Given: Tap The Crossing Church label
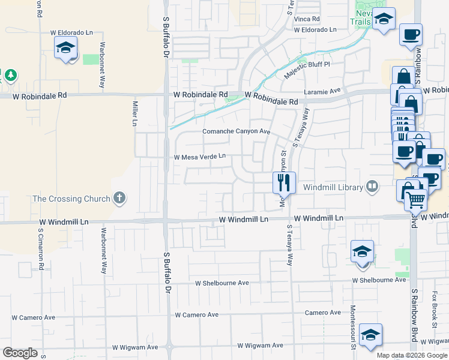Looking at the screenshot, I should [x=71, y=199].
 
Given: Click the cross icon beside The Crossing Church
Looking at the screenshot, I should [x=119, y=198].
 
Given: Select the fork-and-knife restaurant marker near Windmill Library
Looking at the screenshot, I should [x=284, y=182].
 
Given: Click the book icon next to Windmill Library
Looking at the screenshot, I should [x=373, y=187].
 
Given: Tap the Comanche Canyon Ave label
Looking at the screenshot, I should [x=237, y=131].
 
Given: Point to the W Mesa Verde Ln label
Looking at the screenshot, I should [x=199, y=157].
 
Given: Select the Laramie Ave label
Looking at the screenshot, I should [x=322, y=91].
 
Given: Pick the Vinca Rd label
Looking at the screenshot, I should [x=305, y=19].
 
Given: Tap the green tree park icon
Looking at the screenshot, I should [x=10, y=75].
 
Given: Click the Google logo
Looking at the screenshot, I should [x=20, y=353].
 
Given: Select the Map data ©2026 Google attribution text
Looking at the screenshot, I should [x=411, y=355].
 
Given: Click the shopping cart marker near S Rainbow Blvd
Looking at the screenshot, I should [x=415, y=200].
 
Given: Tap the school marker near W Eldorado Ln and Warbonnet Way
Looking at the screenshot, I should [x=65, y=49].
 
